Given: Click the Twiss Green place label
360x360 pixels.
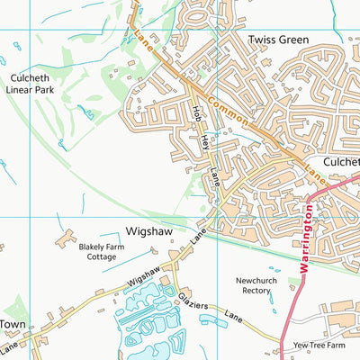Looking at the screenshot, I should (278, 40).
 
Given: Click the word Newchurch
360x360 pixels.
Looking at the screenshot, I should (262, 280).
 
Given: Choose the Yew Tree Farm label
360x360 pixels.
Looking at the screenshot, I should (319, 346).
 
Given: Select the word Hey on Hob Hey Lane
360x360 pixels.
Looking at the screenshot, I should (204, 140).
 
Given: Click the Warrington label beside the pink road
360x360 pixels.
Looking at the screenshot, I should (306, 235).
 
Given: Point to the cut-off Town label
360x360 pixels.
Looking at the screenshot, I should (12, 324).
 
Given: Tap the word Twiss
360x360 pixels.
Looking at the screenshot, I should (261, 40).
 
